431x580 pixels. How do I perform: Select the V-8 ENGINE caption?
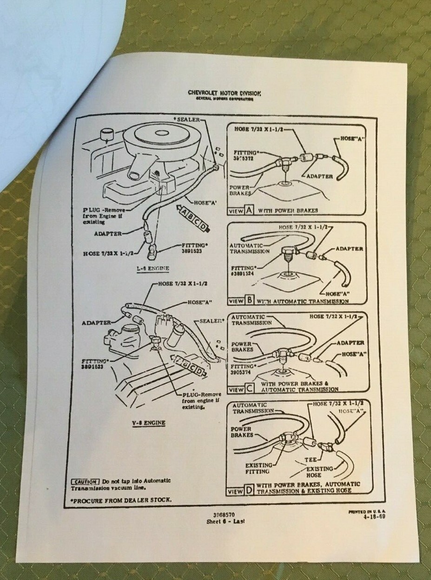149,422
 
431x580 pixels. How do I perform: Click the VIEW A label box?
240,211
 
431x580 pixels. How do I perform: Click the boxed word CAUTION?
85,481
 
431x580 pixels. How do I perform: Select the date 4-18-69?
375,516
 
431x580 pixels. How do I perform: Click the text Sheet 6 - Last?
225,521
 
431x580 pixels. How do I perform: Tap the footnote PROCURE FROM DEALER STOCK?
121,500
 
